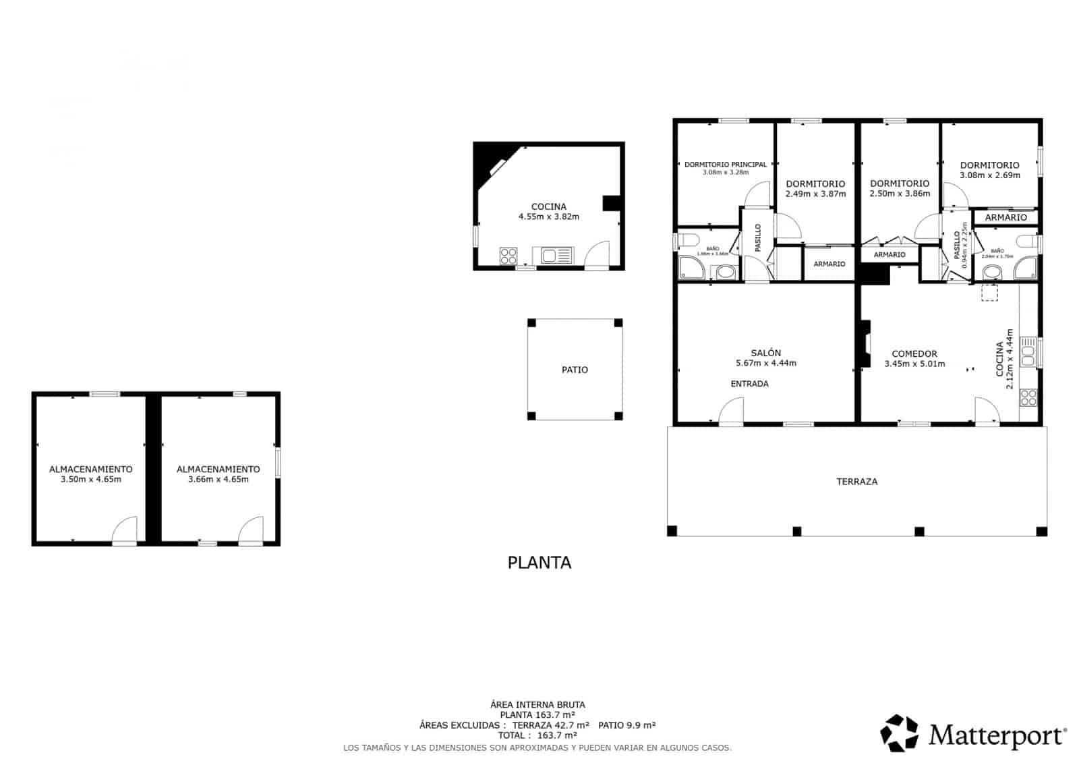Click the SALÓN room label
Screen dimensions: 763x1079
(765, 353)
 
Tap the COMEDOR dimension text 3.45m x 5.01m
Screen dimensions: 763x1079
(914, 364)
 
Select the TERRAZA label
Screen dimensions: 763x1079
(856, 482)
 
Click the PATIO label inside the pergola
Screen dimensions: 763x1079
(575, 370)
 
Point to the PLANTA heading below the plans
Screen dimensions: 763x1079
(539, 563)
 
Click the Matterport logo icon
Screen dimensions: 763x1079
(900, 733)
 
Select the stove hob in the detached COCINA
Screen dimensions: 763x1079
(508, 256)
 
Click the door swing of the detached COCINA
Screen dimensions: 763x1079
(596, 256)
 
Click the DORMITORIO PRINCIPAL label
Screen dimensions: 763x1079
(725, 165)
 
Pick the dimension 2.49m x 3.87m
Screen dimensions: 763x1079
(815, 194)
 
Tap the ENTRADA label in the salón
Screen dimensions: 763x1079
(749, 384)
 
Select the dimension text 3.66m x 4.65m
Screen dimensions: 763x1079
(218, 480)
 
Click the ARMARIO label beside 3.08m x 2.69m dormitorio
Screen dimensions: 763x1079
(1005, 217)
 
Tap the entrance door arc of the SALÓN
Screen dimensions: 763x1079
(731, 411)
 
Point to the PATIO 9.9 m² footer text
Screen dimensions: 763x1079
(626, 725)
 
